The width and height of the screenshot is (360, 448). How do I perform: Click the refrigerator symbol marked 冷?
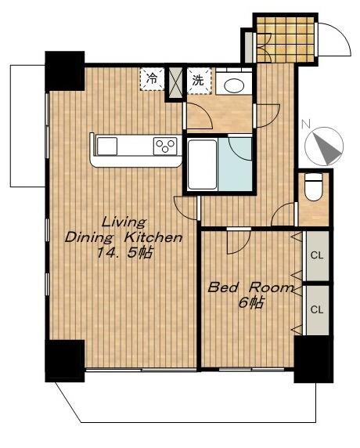[153, 79]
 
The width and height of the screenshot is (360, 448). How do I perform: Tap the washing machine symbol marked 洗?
[200, 81]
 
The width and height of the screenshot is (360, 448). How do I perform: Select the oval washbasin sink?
[234, 85]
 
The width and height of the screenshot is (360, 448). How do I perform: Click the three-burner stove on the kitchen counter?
[165, 146]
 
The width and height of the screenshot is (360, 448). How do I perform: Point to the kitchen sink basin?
[107, 146]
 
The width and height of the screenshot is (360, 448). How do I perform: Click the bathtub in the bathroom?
[203, 164]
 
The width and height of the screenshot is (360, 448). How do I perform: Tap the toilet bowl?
[314, 187]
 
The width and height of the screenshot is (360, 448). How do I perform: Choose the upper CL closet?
[317, 255]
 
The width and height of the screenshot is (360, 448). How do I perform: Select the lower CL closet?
[317, 310]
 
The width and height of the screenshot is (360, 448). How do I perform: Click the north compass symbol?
[324, 146]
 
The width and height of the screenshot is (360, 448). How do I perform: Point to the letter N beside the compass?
[306, 124]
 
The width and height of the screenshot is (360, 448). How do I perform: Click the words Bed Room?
[250, 287]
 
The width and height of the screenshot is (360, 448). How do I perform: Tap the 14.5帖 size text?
[124, 252]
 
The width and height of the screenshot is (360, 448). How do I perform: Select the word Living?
[124, 222]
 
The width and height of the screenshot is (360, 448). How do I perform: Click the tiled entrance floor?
[286, 40]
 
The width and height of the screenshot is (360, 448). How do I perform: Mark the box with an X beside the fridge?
[175, 83]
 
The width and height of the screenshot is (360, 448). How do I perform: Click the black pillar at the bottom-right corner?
[314, 359]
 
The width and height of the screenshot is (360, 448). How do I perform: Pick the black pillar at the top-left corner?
[65, 71]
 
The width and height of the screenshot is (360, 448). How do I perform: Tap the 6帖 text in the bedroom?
[251, 303]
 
